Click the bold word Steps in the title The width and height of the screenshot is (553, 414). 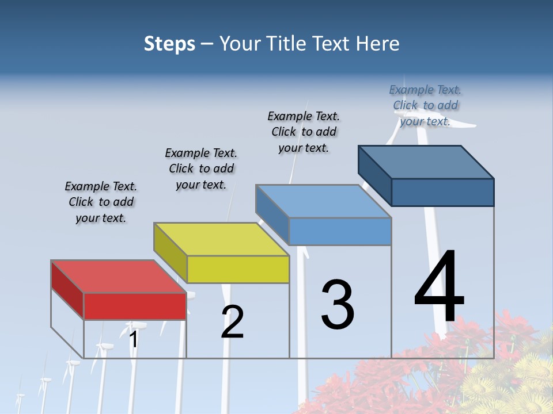pos(169,44)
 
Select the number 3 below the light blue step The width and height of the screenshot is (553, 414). pos(338,305)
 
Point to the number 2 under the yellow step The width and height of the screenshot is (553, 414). pos(233,322)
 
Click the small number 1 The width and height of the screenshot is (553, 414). pos(133,340)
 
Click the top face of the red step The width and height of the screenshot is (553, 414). pos(118,277)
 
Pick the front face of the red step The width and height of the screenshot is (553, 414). pos(135,306)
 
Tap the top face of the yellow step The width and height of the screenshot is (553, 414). pos(221,239)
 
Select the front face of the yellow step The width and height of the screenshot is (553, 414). pos(237,269)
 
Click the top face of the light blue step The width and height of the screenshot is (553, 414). pos(323,201)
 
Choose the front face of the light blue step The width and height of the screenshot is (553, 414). pos(340,231)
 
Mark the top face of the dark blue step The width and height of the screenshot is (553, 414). pos(426,162)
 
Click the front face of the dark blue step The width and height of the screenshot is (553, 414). pos(442,192)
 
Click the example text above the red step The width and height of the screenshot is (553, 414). pos(101,202)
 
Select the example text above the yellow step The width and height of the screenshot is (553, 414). pos(201,168)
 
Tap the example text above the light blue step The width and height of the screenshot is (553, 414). pos(304,132)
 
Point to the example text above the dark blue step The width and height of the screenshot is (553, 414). pos(425,105)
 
